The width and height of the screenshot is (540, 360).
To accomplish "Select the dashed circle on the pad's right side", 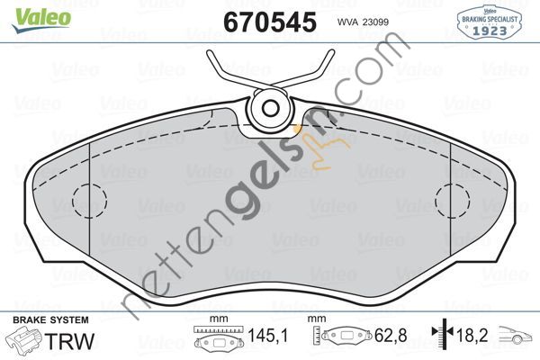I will point(453,201).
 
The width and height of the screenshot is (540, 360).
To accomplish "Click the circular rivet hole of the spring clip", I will point(271,109).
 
